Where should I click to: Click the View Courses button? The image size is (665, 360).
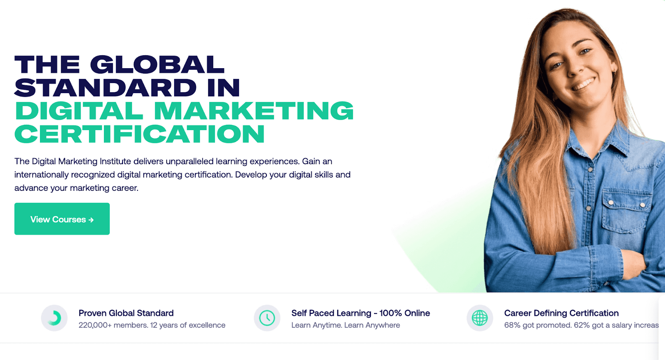(x=62, y=219)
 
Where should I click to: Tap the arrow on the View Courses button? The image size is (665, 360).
(x=91, y=220)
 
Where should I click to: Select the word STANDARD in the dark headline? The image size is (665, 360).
(x=106, y=87)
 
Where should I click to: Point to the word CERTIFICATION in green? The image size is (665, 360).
(x=140, y=134)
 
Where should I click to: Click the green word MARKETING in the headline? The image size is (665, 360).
(x=254, y=111)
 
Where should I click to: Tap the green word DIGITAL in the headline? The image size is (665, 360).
(x=79, y=111)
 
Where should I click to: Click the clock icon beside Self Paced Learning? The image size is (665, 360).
(x=267, y=318)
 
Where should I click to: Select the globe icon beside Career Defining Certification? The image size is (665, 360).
(x=480, y=318)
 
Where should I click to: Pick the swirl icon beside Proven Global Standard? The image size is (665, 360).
(x=55, y=318)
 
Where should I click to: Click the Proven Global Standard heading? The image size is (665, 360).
(x=126, y=313)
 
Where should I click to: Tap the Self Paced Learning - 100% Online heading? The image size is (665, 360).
(x=361, y=313)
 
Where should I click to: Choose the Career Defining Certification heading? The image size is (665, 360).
(x=562, y=313)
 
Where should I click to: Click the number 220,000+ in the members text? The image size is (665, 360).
(x=95, y=325)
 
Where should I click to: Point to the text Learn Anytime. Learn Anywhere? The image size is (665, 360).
(x=345, y=325)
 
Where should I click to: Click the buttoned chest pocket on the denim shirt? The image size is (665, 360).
(x=626, y=211)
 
